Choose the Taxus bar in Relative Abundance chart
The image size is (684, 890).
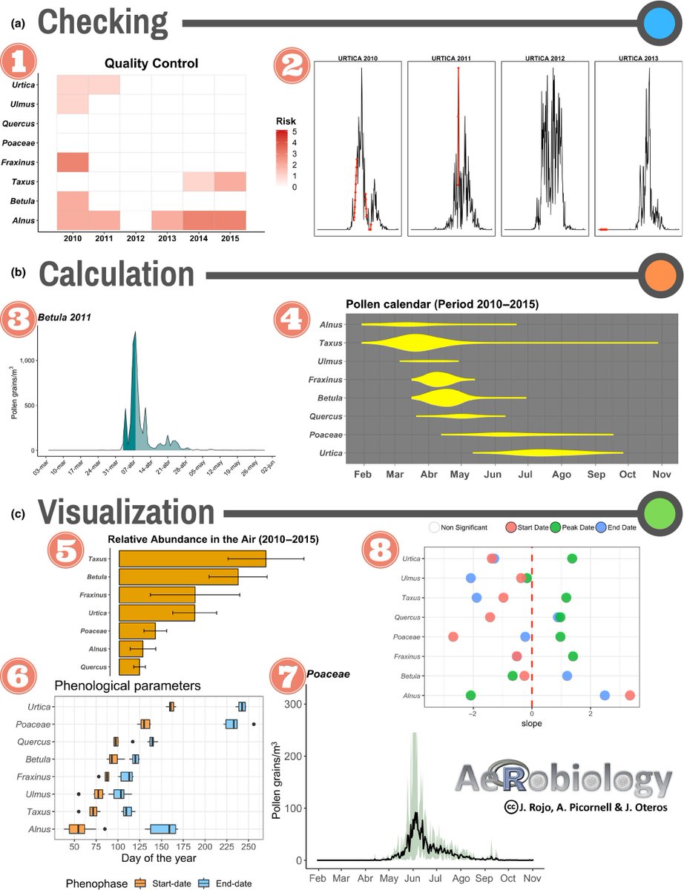(x=192, y=558)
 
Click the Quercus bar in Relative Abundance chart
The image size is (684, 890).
(x=129, y=667)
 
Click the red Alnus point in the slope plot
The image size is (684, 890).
(x=630, y=695)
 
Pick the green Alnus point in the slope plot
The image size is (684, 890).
(x=470, y=695)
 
